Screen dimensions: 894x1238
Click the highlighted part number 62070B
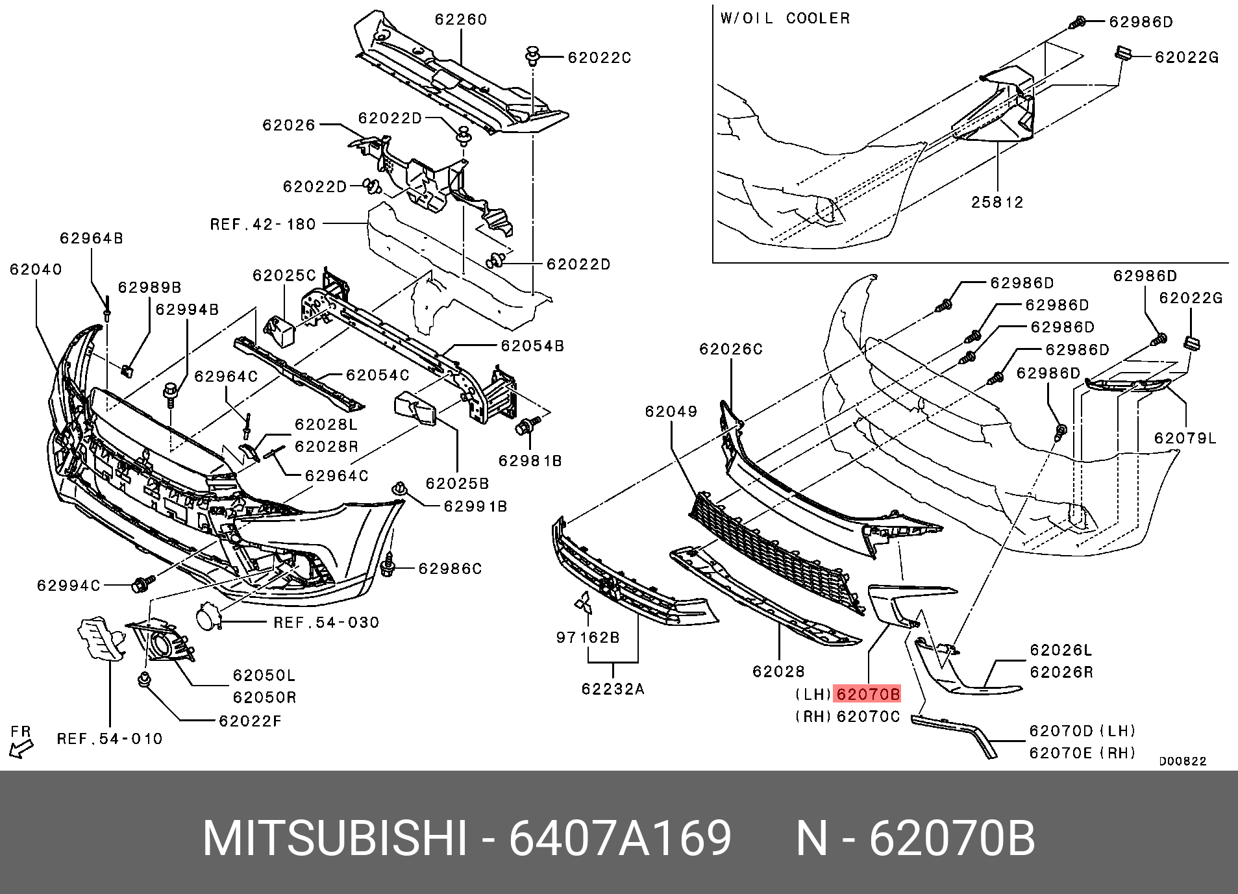pos(868,695)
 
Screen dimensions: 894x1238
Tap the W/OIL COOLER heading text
pos(784,18)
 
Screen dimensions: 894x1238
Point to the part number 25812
pos(997,202)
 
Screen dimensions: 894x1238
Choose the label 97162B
pos(588,638)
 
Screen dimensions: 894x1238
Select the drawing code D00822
pos(1183,762)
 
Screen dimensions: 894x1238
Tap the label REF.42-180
pos(263,225)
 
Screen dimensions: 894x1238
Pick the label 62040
pos(36,269)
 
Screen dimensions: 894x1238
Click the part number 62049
pos(671,411)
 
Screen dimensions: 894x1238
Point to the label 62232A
pos(613,689)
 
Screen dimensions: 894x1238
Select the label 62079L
pos(1185,438)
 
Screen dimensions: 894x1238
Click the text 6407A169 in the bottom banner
pos(620,839)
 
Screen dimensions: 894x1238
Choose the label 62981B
pos(530,461)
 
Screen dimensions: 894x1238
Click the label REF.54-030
pos(326,623)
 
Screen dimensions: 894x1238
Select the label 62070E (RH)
pos(1083,753)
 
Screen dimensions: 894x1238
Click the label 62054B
pos(532,347)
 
